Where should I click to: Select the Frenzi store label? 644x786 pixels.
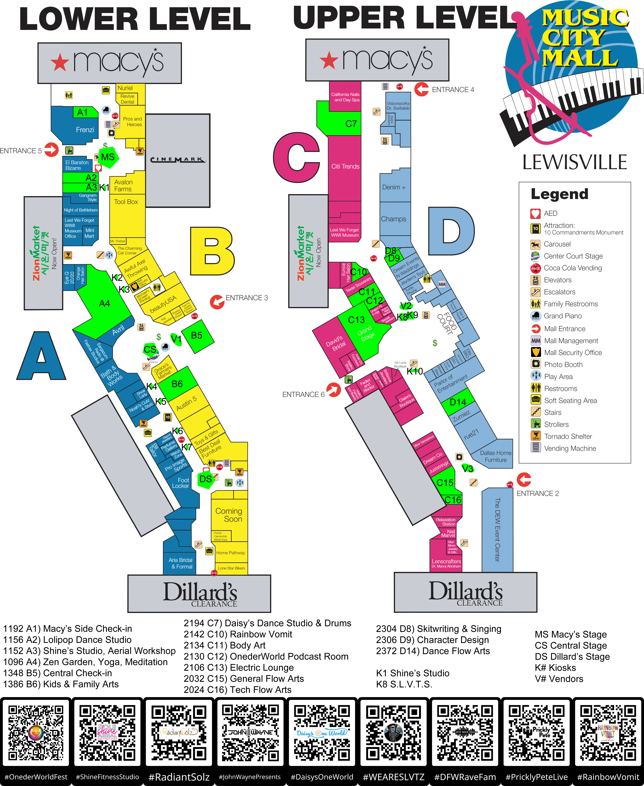click(85, 130)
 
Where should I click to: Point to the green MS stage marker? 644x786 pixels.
click(108, 157)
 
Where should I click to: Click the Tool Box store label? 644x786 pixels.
click(126, 202)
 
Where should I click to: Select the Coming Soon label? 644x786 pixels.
click(229, 515)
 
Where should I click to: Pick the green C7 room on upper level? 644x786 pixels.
click(351, 124)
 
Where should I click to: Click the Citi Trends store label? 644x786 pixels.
click(345, 166)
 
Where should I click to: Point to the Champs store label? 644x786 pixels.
click(394, 219)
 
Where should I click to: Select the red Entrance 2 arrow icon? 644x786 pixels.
click(524, 480)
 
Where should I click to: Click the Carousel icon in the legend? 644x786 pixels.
click(535, 244)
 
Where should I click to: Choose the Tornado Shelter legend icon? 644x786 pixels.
click(535, 436)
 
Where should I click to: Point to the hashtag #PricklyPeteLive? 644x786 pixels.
click(536, 777)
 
